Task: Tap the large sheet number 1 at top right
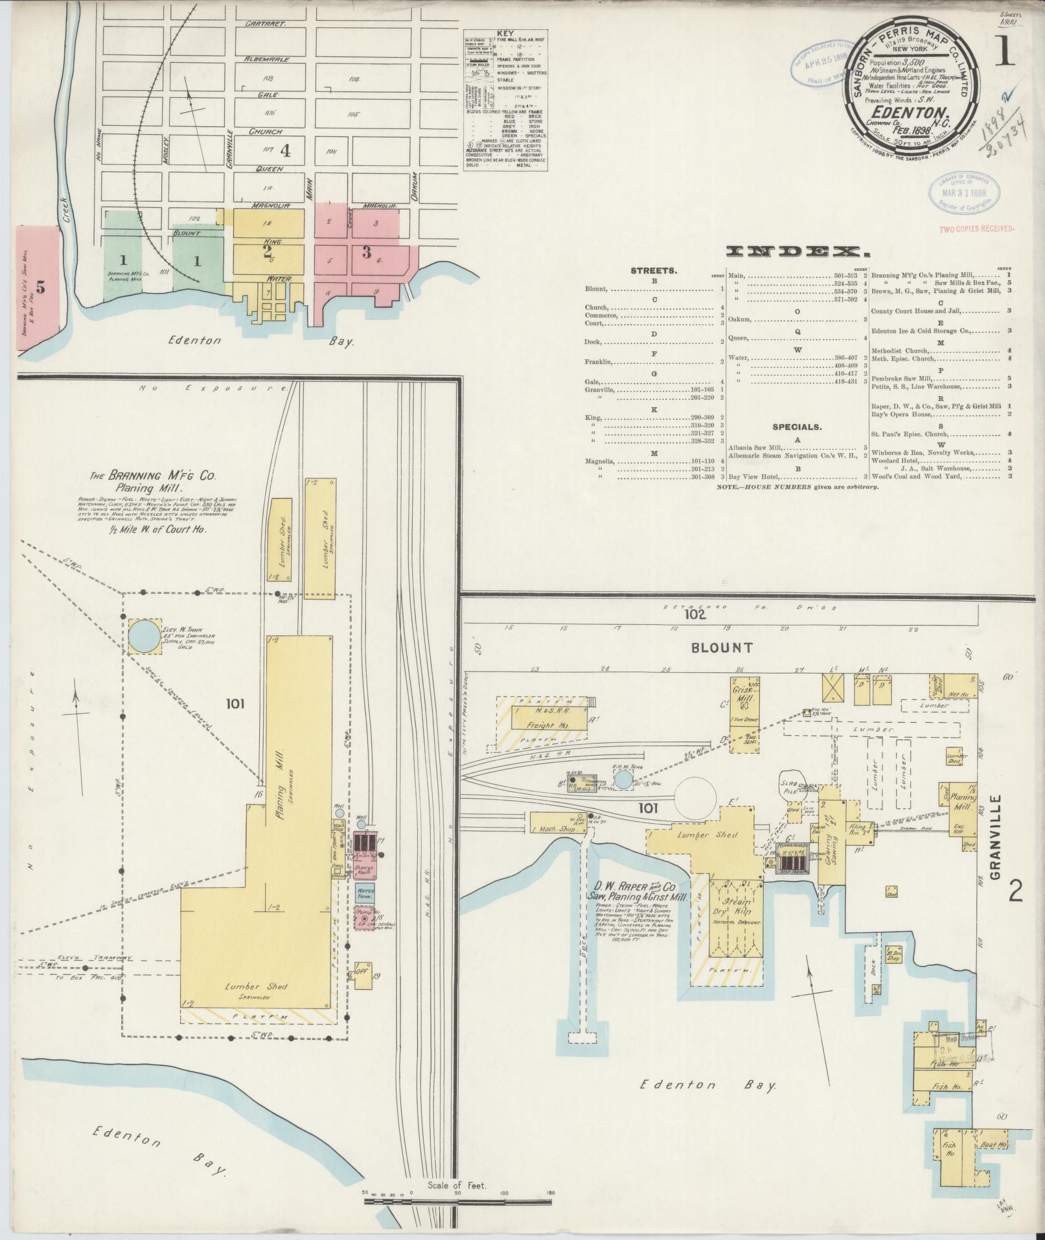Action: (x=1005, y=54)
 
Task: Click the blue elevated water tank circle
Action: (x=146, y=637)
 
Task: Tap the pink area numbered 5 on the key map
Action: (x=39, y=288)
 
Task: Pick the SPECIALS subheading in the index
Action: (x=796, y=427)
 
